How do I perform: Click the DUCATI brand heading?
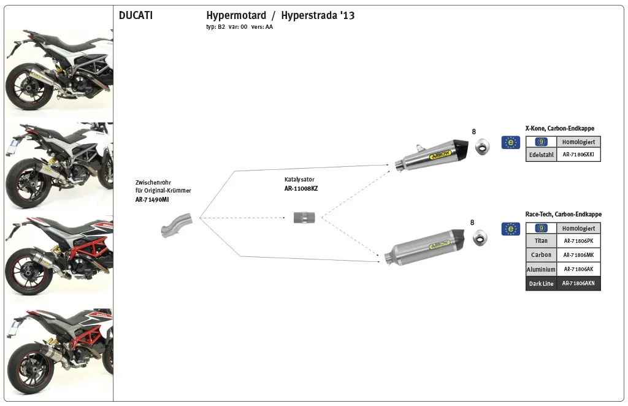coord(136,16)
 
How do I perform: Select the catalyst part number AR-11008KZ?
coord(301,188)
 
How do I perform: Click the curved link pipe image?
coord(177,224)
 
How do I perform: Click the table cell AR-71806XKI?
coord(578,155)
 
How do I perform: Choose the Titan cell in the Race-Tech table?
coord(541,241)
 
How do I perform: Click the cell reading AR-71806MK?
coord(578,255)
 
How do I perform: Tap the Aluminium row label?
coord(541,269)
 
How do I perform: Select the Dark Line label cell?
coord(541,283)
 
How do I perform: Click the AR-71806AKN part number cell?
coord(578,283)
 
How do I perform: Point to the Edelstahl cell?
coord(541,155)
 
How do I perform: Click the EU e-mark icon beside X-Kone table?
coord(510,142)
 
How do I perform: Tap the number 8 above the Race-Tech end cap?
coord(472,223)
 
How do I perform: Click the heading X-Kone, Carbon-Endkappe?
coord(559,129)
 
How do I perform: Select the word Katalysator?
coord(299,180)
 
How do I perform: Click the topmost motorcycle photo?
coord(59,69)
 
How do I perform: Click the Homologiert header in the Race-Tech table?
coord(578,228)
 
